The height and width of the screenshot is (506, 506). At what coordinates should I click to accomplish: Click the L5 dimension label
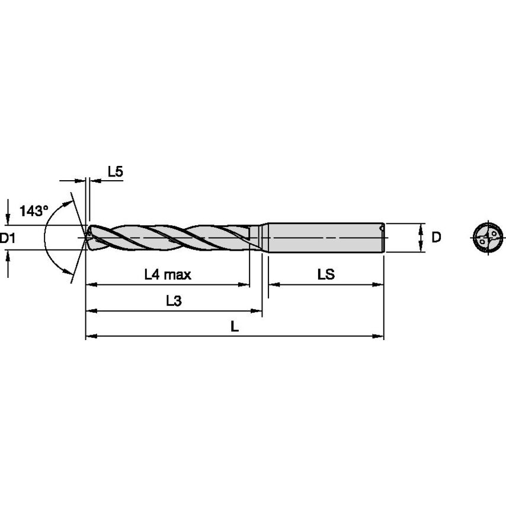point(115,172)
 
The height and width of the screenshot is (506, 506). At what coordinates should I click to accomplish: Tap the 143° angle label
point(33,210)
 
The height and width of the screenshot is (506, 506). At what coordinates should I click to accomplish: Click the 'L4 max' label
point(168,274)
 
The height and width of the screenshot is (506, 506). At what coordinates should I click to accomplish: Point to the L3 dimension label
point(173,301)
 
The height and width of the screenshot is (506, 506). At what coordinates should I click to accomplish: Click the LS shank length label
point(326,274)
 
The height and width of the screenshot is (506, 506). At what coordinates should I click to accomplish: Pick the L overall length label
point(235,326)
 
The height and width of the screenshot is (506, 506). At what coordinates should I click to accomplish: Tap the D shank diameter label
point(436,238)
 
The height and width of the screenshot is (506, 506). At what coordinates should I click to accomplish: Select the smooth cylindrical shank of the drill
point(323,237)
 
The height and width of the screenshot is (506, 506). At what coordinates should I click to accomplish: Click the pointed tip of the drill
point(86,237)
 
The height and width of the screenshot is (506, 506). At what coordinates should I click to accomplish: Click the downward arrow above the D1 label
point(8,216)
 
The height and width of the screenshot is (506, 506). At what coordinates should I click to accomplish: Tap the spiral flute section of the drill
point(172,237)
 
